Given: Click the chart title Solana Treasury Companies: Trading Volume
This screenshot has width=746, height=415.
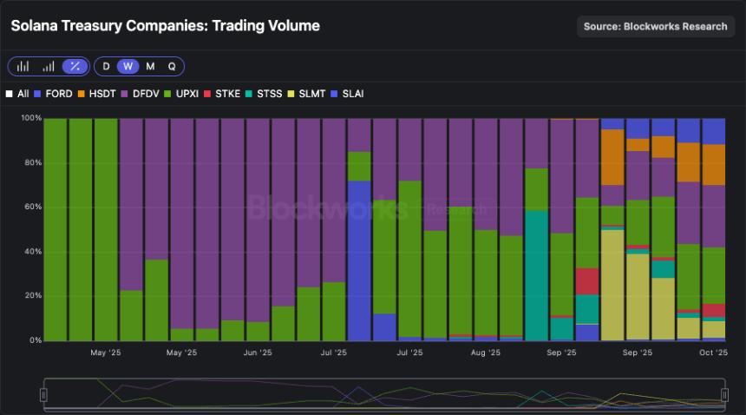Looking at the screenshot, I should (165, 26).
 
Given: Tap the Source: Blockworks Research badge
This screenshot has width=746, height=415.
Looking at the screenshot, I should (655, 26).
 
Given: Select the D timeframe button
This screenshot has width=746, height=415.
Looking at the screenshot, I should (106, 66).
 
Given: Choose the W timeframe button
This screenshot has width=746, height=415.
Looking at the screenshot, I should (128, 66).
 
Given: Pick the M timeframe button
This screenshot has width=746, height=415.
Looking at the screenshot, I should (150, 66).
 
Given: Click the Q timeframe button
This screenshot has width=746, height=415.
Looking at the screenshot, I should (172, 66).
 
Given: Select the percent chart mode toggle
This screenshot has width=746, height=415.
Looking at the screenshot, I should (75, 66).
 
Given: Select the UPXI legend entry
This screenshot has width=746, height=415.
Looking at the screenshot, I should (181, 93).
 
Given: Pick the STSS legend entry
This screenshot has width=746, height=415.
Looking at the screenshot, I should (264, 93).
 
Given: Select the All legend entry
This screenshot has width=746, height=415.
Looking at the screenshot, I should (18, 93).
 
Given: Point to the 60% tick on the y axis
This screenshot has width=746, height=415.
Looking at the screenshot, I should (31, 207).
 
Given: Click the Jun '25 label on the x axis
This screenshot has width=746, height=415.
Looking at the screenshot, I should (258, 353).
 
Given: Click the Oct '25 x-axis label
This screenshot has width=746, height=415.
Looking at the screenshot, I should (713, 353).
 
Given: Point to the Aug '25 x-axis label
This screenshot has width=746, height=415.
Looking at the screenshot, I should (486, 353).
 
